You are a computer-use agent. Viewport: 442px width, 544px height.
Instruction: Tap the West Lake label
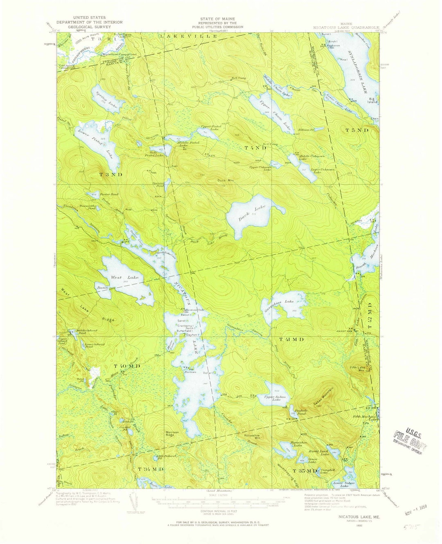[124, 278]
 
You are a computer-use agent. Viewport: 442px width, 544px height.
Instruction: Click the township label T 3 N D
[110, 175]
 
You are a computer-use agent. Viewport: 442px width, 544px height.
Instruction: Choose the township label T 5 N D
[357, 130]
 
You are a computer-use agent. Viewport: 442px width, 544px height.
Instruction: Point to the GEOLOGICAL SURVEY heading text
[83, 27]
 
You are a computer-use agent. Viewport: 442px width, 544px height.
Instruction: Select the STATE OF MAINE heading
[221, 19]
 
